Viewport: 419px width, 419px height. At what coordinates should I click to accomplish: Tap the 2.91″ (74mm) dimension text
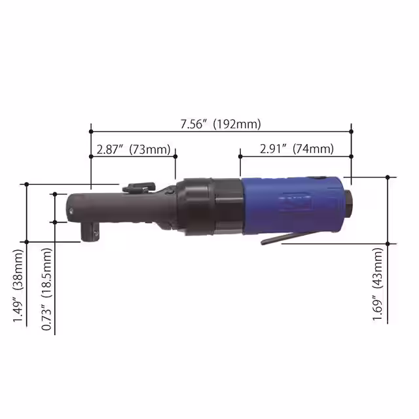[x=296, y=149]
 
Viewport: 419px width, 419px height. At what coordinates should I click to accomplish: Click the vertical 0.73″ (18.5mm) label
[x=46, y=286]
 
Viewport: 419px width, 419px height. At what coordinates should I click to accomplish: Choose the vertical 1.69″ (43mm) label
[x=378, y=286]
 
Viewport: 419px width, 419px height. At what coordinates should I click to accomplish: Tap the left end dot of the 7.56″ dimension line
[x=91, y=131]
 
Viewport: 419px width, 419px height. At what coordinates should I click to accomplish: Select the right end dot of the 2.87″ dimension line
[x=175, y=156]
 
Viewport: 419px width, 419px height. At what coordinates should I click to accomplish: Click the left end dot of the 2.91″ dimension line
[x=240, y=156]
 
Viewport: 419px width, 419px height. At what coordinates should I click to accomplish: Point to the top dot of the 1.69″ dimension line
[x=388, y=177]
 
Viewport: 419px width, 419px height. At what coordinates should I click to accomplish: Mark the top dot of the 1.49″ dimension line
[x=27, y=185]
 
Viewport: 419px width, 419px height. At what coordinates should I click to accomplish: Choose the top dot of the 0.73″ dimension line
[x=55, y=194]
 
